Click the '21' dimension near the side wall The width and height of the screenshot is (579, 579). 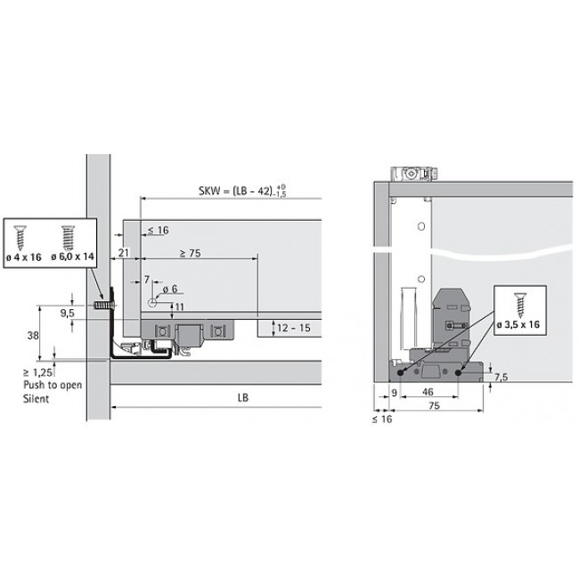click(124, 254)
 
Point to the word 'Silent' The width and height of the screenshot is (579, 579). click(38, 400)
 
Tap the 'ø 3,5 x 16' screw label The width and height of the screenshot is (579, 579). click(520, 324)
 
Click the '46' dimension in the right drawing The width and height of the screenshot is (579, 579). click(429, 390)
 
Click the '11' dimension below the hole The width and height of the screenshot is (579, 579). click(179, 306)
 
